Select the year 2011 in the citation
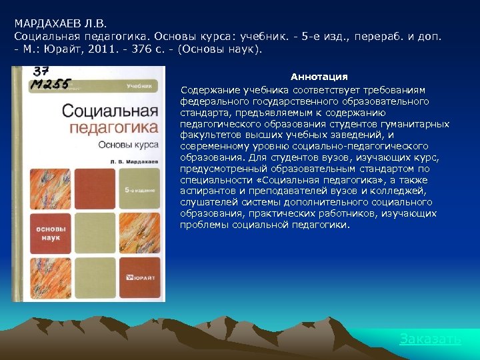coord(109,49)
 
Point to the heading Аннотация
coord(319,77)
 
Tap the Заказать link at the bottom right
coord(430,339)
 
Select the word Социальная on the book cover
coord(110,111)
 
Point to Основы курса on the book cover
coord(128,143)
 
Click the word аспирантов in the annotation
coord(205,191)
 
